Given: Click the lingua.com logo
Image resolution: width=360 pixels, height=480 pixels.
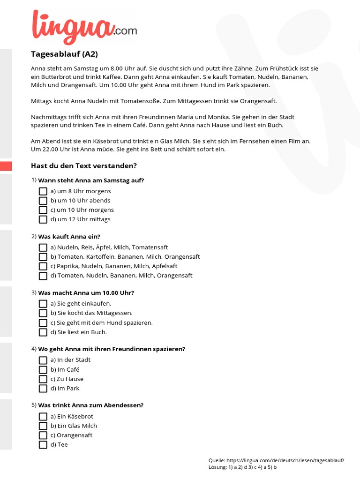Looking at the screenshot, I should (83, 27).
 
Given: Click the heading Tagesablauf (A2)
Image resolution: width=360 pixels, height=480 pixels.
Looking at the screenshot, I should (64, 54).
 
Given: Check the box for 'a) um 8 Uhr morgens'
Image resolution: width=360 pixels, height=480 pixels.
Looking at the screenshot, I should (43, 191).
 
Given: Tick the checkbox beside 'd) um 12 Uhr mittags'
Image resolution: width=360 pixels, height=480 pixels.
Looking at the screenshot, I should (43, 219).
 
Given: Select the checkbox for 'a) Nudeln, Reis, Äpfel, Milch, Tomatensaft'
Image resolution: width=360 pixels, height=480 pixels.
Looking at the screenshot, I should (43, 247).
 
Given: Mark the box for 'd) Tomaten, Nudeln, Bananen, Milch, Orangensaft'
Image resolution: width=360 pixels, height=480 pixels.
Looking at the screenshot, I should (43, 276).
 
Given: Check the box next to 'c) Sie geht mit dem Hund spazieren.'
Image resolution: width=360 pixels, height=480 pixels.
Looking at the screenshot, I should (43, 323).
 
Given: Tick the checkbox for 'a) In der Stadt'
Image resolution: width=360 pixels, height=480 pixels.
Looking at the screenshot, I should (43, 360).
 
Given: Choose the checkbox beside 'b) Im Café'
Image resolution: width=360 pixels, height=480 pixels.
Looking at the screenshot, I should (43, 370).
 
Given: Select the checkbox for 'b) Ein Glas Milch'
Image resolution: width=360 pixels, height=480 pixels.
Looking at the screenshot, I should (43, 426).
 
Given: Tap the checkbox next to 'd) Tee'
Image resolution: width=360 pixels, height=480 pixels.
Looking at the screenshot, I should (43, 445).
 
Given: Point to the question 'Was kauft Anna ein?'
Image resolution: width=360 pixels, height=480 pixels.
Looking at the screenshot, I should (69, 236).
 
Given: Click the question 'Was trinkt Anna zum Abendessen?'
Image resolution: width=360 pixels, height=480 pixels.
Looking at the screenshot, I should (90, 405).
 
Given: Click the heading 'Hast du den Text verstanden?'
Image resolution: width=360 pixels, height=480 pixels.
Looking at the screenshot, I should (83, 165).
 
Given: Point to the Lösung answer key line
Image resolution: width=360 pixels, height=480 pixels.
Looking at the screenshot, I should (242, 467).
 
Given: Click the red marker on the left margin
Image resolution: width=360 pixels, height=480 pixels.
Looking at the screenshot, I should (6, 166).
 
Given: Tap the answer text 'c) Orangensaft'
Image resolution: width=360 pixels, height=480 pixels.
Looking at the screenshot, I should (71, 435).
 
